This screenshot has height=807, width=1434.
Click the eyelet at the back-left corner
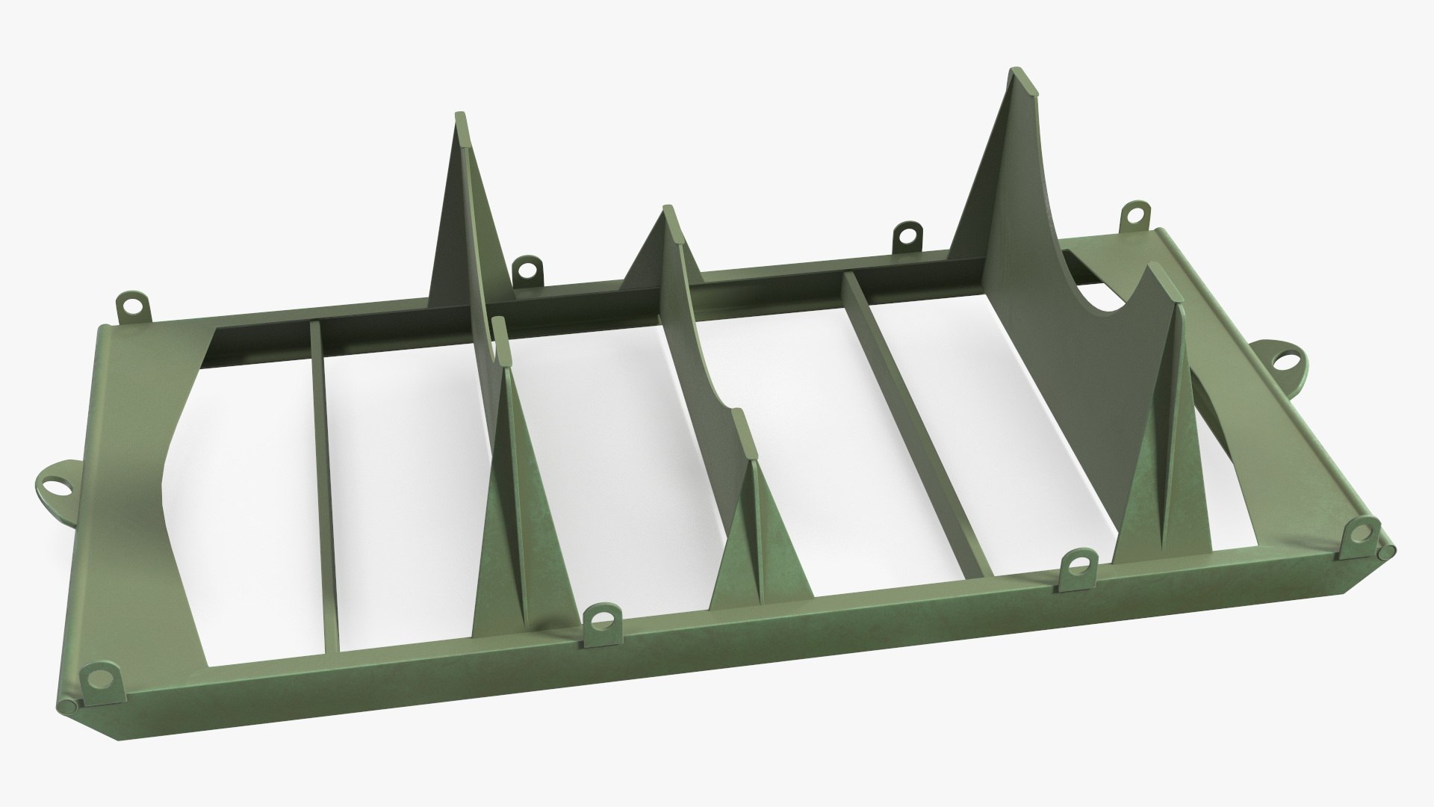click(133, 305)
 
